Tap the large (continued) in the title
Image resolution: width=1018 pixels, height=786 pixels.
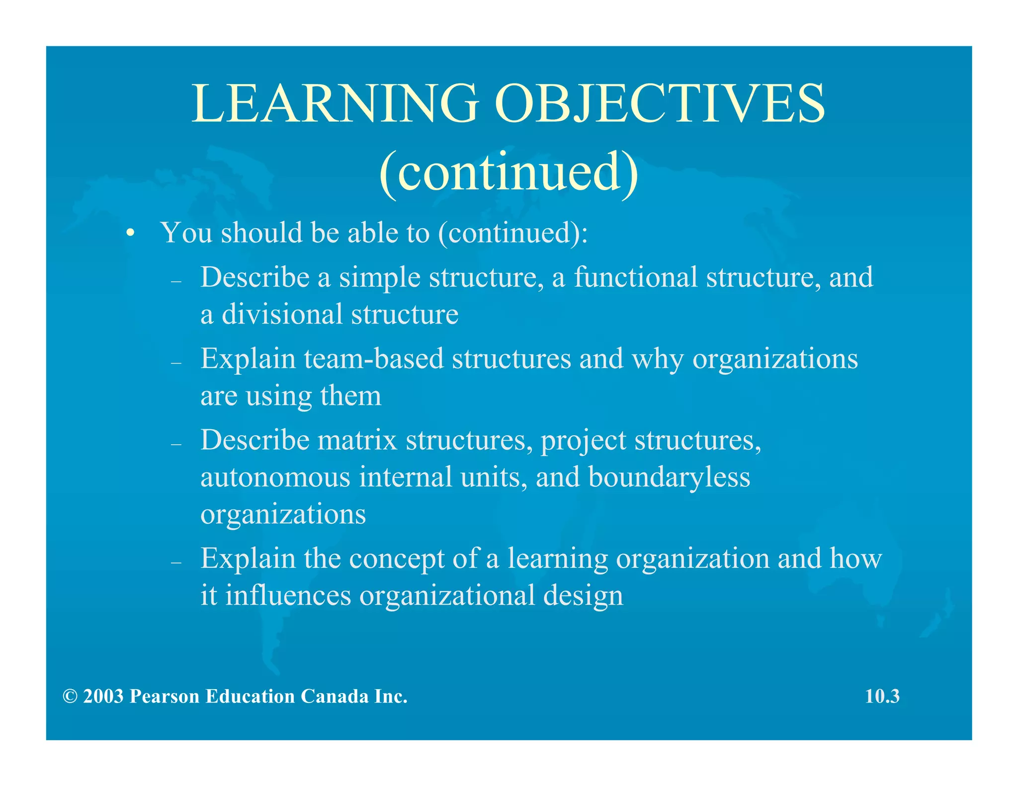pyautogui.click(x=509, y=172)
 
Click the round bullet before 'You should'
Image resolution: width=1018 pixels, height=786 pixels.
pyautogui.click(x=131, y=233)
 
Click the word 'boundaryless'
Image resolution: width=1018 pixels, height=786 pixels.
pyautogui.click(x=669, y=476)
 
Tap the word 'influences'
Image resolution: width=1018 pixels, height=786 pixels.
pyautogui.click(x=288, y=595)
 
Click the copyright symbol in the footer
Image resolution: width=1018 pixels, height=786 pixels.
pyautogui.click(x=70, y=696)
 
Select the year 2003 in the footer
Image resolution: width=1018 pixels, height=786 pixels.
pyautogui.click(x=103, y=696)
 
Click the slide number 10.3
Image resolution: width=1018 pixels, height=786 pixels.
pyautogui.click(x=882, y=696)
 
